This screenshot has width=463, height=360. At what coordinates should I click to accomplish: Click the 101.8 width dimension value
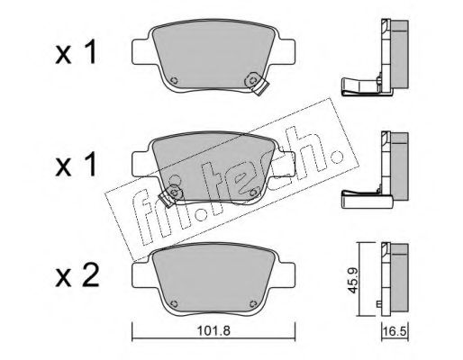pyautogui.click(x=213, y=331)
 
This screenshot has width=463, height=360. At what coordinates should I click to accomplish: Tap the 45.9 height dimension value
pyautogui.click(x=353, y=281)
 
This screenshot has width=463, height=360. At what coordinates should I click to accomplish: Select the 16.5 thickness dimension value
pyautogui.click(x=395, y=332)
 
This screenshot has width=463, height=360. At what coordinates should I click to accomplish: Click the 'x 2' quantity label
pyautogui.click(x=77, y=276)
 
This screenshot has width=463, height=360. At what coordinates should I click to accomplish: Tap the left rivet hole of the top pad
pyautogui.click(x=174, y=80)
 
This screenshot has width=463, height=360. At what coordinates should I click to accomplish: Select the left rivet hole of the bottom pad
pyautogui.click(x=174, y=303)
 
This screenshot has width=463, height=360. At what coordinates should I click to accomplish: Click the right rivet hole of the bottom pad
pyautogui.click(x=253, y=303)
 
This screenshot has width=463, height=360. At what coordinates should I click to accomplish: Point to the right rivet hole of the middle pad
pyautogui.click(x=253, y=192)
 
